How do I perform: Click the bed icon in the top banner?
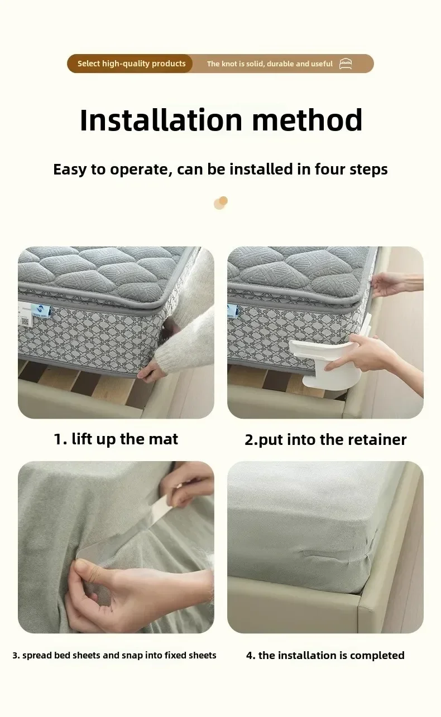click(x=346, y=64)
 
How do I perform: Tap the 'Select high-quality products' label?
click(x=131, y=64)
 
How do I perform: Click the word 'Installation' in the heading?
click(x=161, y=120)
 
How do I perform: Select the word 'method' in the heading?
click(x=307, y=120)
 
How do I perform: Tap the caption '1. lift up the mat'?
click(x=116, y=439)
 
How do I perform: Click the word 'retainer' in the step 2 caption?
click(x=377, y=439)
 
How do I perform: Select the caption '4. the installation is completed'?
click(x=325, y=655)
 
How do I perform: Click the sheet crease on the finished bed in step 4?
click(x=316, y=554)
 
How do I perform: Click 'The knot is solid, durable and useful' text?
click(x=270, y=64)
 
